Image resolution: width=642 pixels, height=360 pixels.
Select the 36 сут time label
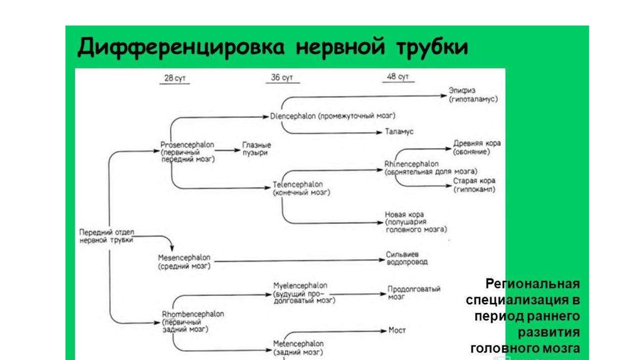(x=282, y=78)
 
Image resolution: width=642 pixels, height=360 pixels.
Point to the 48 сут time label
(x=398, y=77)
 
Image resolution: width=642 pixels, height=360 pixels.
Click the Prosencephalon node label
(x=187, y=145)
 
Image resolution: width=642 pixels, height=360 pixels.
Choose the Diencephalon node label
(x=293, y=116)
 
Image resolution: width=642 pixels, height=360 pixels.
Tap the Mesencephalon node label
(x=185, y=258)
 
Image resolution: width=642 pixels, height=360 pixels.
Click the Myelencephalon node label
(x=300, y=285)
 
